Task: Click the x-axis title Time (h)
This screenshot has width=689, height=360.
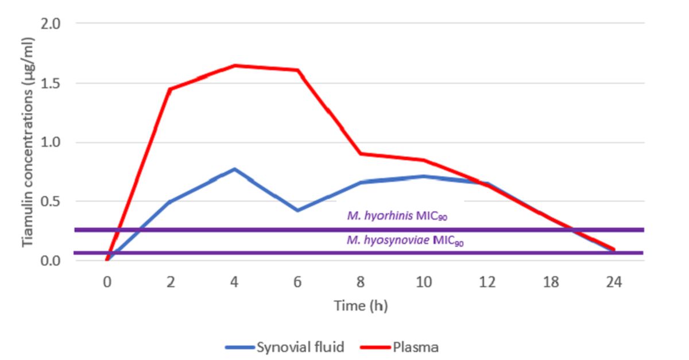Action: (361, 306)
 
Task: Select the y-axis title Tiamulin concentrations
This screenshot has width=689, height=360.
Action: (28, 142)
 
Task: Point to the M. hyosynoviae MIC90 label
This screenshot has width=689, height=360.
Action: (405, 241)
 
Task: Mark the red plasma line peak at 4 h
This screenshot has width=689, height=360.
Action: (234, 65)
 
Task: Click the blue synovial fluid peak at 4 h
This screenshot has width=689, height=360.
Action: (234, 169)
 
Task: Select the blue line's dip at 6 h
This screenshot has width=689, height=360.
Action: (297, 210)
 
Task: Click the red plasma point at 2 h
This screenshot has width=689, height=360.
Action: (171, 89)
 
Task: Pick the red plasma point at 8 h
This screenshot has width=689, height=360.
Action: (361, 153)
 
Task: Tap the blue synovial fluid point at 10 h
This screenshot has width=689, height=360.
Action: (424, 176)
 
